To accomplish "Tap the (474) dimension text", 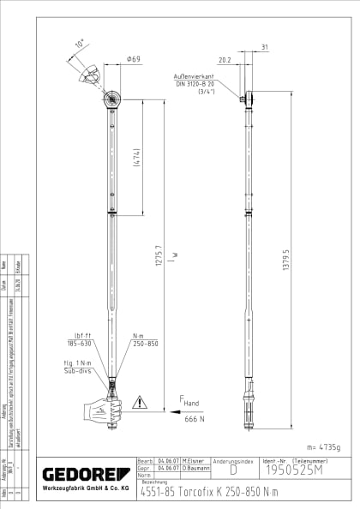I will (136, 159).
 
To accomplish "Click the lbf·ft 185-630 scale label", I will (85, 340).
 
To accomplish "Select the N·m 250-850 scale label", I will (144, 340).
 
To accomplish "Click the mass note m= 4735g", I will (323, 446).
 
